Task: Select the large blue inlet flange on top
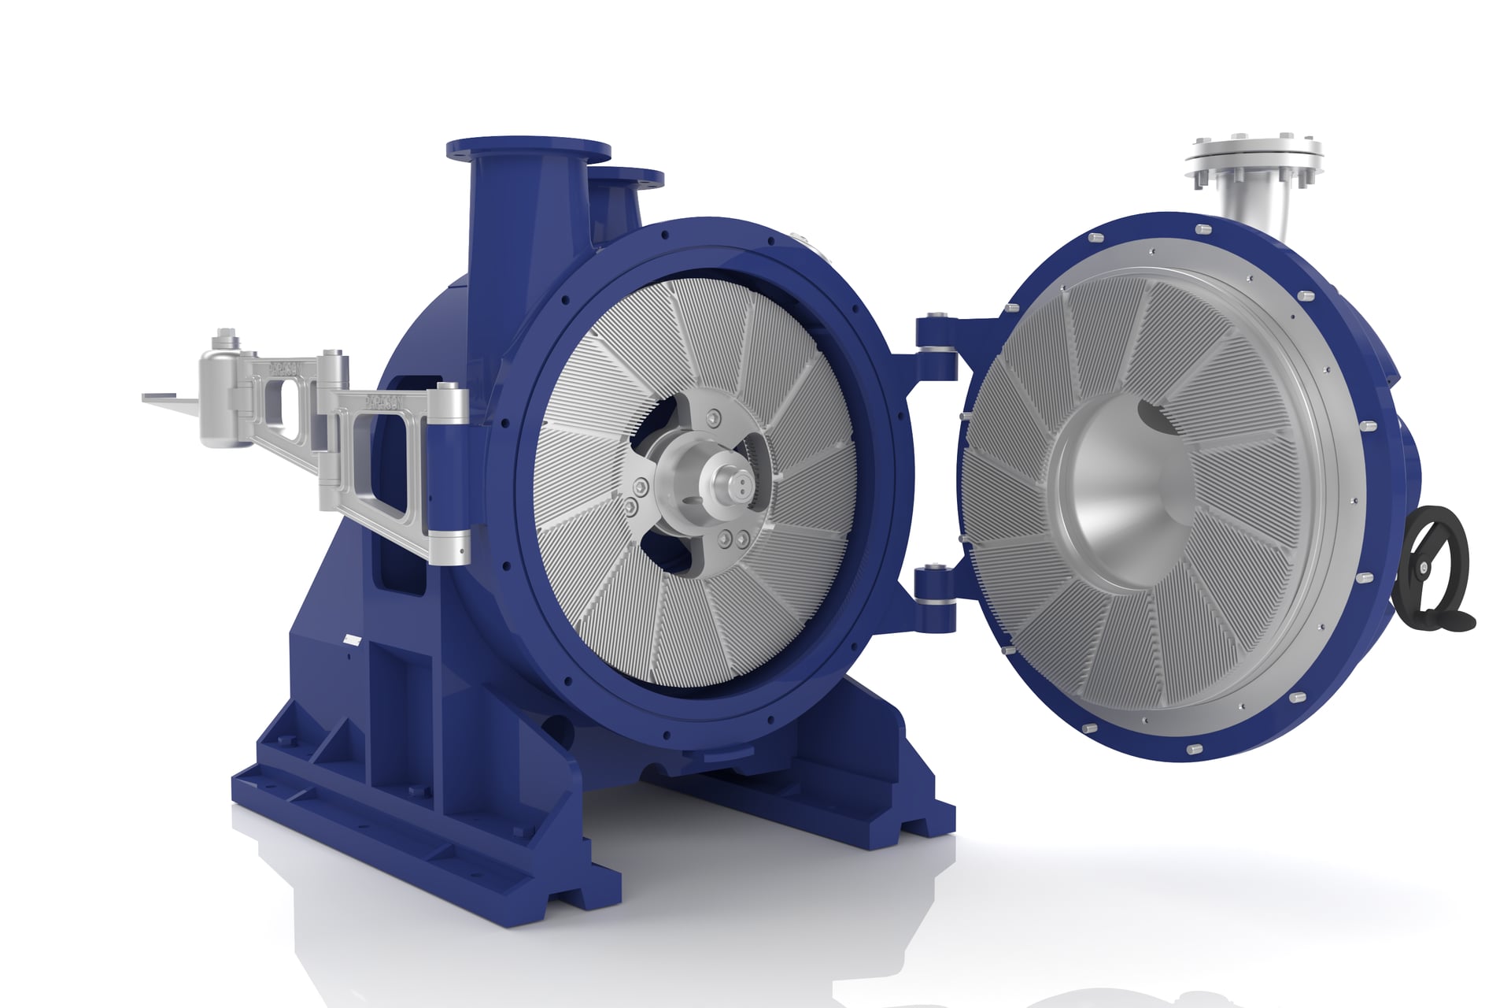[527, 149]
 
